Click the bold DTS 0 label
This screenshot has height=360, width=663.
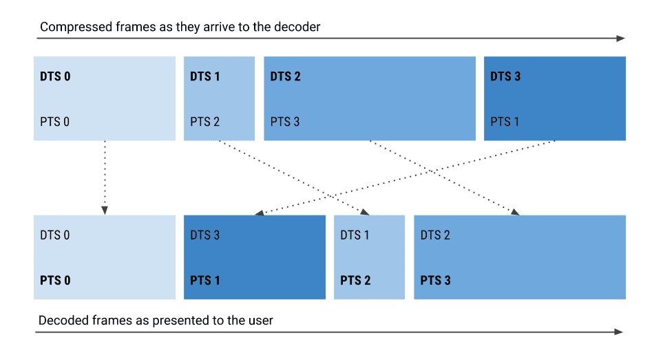point(55,76)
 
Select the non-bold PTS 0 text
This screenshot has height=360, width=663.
point(55,122)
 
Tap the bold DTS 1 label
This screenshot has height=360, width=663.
point(204,76)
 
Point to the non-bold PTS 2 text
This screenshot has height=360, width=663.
point(204,122)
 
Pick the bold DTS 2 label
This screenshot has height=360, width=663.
point(285,76)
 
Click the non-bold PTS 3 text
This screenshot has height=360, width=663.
point(285,122)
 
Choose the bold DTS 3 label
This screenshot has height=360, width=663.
point(505,76)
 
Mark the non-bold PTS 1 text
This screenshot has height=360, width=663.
point(505,122)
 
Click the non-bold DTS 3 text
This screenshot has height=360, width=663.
point(204,235)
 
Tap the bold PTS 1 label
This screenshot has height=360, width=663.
point(204,281)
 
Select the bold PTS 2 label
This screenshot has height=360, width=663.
point(355,281)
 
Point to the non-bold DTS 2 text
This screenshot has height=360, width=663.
point(435,235)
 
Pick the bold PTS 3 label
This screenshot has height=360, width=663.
point(436,281)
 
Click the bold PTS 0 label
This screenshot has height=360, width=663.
point(55,281)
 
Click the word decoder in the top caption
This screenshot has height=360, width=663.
point(299,28)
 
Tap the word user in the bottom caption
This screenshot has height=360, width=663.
point(261,321)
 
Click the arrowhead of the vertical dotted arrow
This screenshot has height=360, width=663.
point(105,211)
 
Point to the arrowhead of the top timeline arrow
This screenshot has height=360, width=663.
point(621,39)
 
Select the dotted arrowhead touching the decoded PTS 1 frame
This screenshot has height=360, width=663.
point(259,213)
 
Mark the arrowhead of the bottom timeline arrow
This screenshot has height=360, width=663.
point(619,332)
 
